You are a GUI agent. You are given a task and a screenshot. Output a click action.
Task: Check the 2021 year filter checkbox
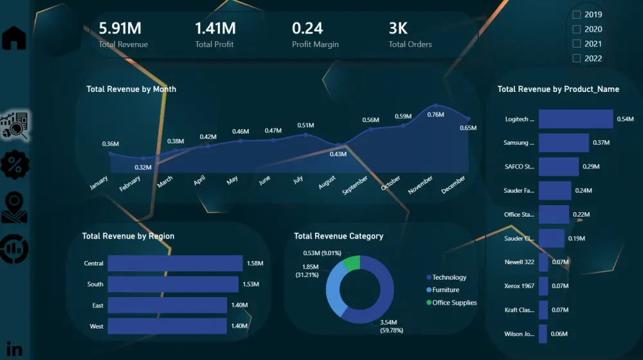click(577, 44)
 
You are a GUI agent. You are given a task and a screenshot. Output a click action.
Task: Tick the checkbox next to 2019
click(577, 14)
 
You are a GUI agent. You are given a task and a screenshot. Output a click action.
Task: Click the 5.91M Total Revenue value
click(120, 28)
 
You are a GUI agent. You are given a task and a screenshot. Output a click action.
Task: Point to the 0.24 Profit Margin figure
click(307, 28)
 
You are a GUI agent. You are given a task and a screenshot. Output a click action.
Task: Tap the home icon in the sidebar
click(14, 39)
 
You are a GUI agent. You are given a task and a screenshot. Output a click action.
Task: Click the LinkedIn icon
click(14, 350)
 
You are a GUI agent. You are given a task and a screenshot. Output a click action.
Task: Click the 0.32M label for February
click(143, 168)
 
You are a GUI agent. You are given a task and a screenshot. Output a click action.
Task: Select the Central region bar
click(175, 263)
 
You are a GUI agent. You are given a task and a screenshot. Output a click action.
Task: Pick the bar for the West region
click(167, 326)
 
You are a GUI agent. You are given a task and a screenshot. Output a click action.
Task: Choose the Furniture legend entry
click(446, 290)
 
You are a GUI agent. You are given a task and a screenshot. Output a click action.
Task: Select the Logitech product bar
click(575, 119)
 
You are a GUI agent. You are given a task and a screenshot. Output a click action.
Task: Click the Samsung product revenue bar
click(563, 143)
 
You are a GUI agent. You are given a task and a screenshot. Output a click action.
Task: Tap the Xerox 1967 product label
click(519, 285)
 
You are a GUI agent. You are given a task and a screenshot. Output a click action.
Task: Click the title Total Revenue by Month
click(131, 89)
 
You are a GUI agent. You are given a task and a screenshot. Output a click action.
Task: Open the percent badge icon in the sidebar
click(14, 165)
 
